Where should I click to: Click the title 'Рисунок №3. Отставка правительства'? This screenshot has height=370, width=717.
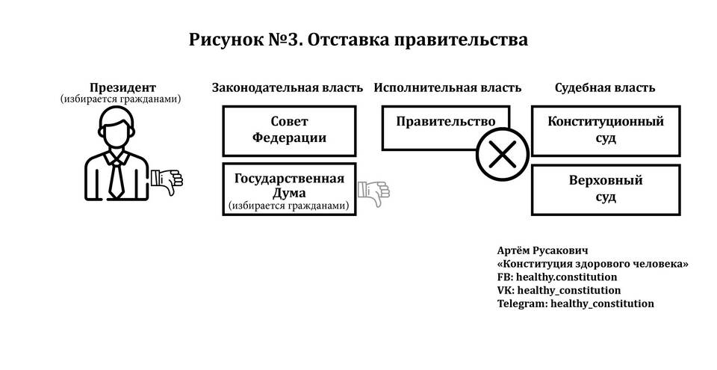click(358, 40)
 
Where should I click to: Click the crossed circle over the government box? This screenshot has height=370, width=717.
click(503, 154)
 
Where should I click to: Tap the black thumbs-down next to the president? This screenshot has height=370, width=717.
click(167, 182)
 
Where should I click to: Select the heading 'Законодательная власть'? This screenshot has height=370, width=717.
click(287, 87)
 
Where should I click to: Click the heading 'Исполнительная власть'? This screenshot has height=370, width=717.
click(447, 87)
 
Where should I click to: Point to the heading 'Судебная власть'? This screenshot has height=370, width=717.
click(605, 87)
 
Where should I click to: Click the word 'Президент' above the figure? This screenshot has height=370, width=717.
click(122, 87)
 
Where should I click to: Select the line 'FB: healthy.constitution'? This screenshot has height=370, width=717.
click(557, 277)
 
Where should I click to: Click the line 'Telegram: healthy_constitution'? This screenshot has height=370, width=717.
click(576, 303)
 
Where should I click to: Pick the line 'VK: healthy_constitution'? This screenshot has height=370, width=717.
click(559, 290)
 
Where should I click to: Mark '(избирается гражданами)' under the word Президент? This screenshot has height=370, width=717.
click(121, 99)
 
